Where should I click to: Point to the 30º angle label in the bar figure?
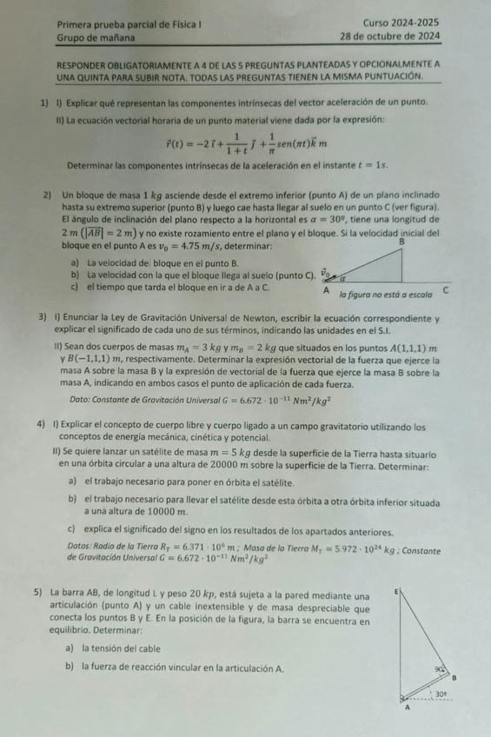coord(441,694)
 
